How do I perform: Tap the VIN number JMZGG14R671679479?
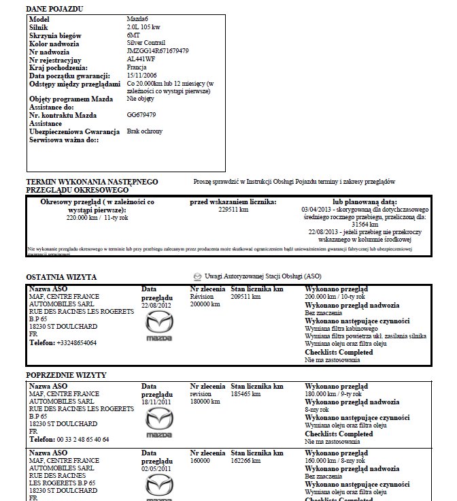158,51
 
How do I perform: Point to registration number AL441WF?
141,59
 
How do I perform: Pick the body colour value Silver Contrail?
148,43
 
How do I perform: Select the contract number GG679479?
141,115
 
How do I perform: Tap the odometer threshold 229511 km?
233,210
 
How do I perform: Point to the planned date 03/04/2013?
318,210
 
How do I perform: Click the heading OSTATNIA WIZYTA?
61,277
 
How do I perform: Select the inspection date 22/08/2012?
157,305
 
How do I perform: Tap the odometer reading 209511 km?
246,297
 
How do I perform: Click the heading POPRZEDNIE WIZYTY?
66,376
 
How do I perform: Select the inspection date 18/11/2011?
157,402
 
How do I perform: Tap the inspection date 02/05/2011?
157,469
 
